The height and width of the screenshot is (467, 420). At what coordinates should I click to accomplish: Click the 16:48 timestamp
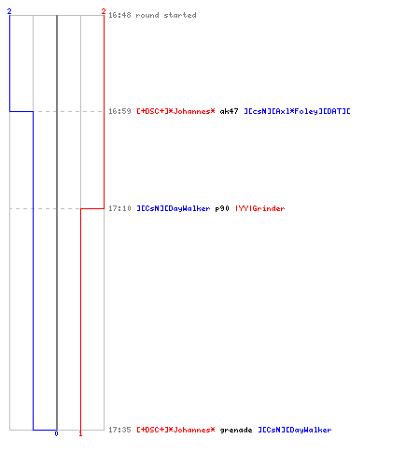click(x=119, y=15)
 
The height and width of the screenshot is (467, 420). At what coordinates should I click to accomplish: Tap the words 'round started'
click(x=166, y=15)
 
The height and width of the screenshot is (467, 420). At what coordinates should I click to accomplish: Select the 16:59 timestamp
click(x=119, y=111)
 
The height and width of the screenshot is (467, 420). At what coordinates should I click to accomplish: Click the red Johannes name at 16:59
click(x=175, y=111)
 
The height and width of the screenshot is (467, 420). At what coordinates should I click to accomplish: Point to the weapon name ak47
click(x=230, y=111)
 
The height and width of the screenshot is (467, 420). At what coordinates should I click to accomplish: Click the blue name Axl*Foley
click(x=297, y=111)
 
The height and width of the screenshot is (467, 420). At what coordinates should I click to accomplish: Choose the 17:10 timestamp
click(x=119, y=208)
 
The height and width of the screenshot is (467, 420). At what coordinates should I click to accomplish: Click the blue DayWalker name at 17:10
click(x=174, y=208)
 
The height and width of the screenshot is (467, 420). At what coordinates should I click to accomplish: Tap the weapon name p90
click(x=222, y=208)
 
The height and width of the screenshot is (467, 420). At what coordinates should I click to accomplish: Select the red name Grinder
click(x=259, y=208)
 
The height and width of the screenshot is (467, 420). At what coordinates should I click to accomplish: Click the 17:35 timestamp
click(x=119, y=430)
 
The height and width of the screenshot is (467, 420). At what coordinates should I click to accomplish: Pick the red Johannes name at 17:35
click(x=175, y=430)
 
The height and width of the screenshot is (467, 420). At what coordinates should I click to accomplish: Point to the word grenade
click(x=236, y=430)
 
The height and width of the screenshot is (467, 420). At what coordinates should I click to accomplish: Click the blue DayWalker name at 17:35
click(x=295, y=430)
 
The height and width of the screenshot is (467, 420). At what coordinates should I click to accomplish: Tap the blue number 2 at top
click(x=9, y=11)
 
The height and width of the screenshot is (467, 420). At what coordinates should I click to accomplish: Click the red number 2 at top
click(x=104, y=11)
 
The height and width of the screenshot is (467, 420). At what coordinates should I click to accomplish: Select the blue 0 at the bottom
click(x=56, y=433)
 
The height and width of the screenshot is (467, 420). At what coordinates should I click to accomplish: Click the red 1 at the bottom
click(x=80, y=433)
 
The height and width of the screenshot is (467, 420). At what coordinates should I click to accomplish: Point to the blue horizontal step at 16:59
click(x=21, y=111)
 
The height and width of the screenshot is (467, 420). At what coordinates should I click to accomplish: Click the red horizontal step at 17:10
click(x=92, y=208)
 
